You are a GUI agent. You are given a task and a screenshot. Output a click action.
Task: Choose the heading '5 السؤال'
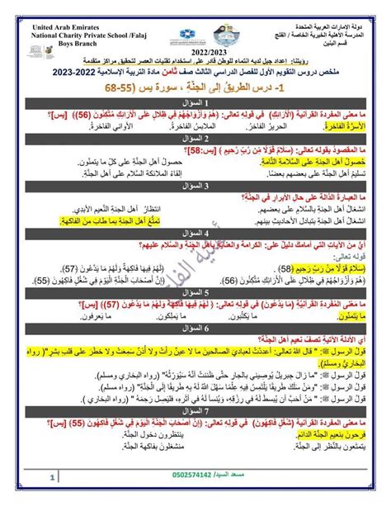click(x=195, y=291)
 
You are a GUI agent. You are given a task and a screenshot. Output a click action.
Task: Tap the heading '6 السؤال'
click(x=195, y=326)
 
